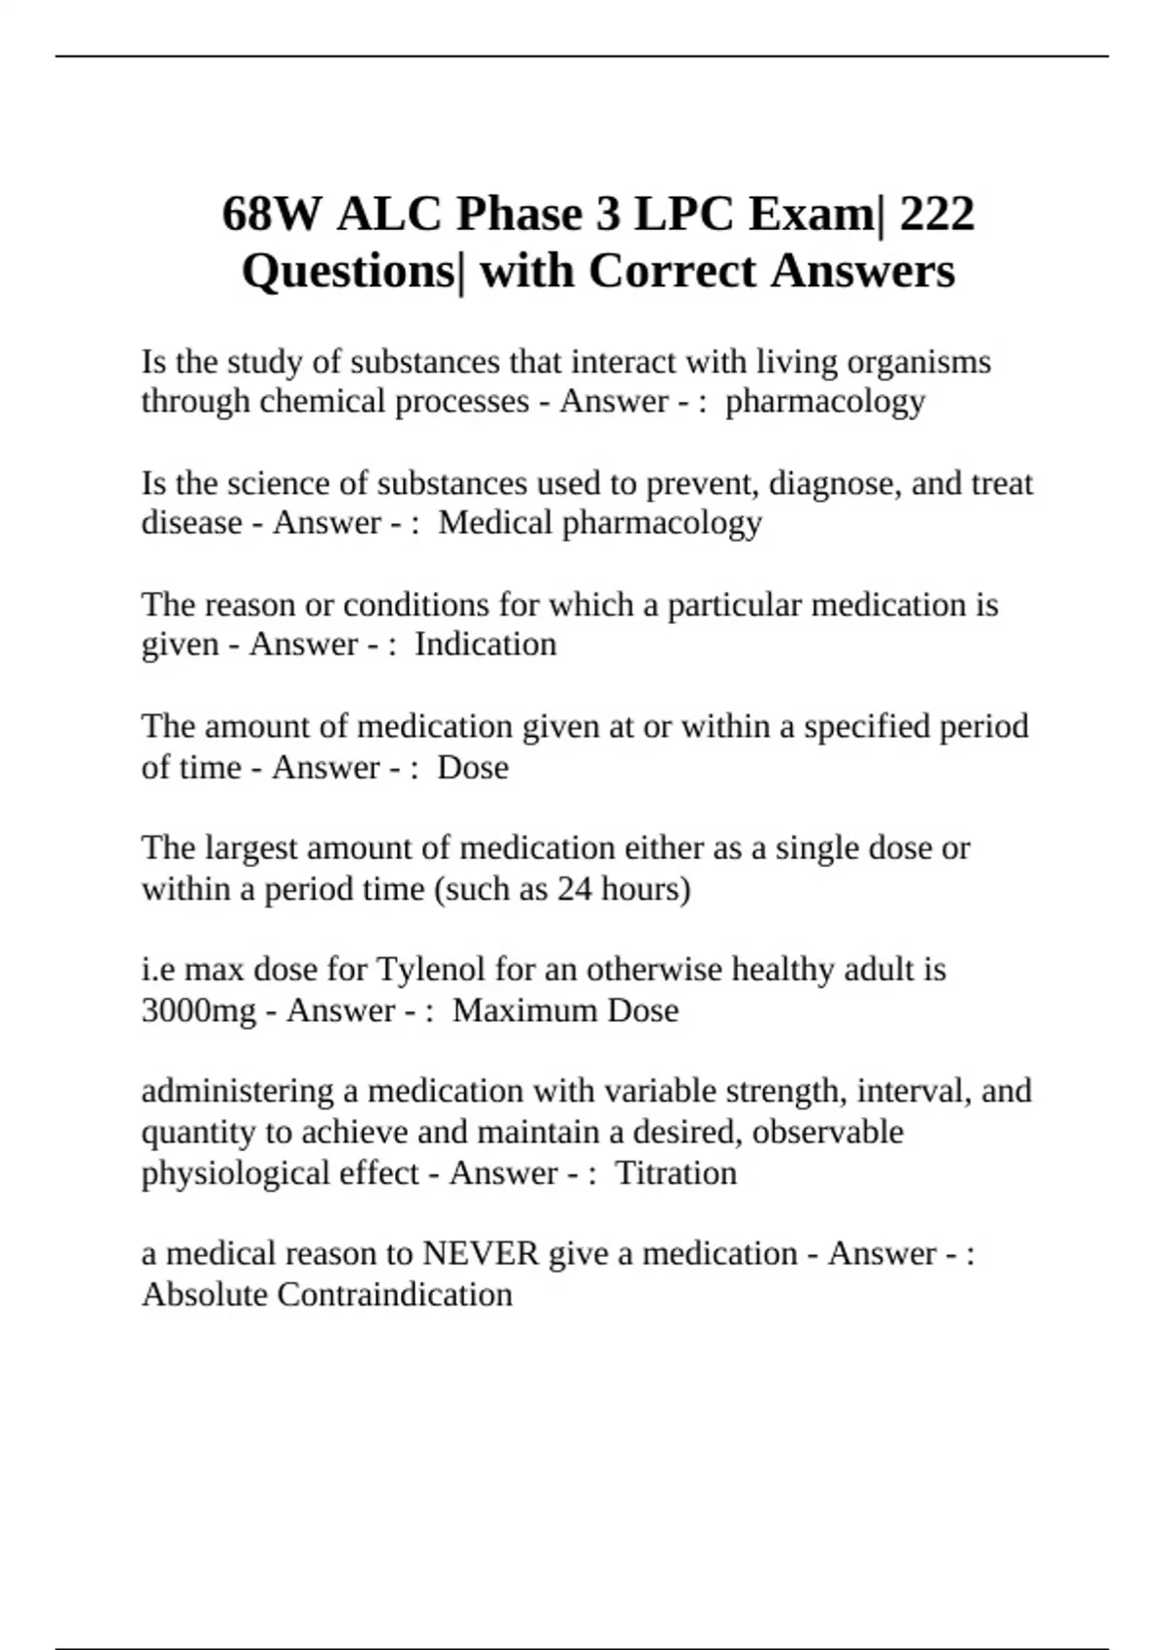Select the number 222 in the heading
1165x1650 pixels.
click(x=937, y=214)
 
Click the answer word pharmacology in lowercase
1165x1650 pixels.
click(x=825, y=402)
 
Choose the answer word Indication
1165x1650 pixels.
click(x=485, y=644)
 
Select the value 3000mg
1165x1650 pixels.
click(x=198, y=1010)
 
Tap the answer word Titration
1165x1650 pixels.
click(x=677, y=1172)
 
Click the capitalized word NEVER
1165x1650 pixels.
click(x=481, y=1254)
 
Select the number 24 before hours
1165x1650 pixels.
click(x=574, y=889)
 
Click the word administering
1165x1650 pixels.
click(x=237, y=1091)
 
